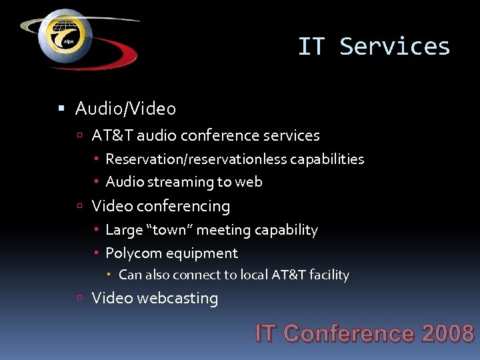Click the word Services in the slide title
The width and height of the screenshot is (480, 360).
(x=395, y=47)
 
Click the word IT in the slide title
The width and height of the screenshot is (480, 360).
(x=311, y=47)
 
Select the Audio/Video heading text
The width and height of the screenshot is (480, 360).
(x=125, y=108)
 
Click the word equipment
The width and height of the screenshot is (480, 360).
(x=203, y=253)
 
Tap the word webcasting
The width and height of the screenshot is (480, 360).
(x=177, y=298)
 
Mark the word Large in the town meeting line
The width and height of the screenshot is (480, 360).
(x=124, y=230)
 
